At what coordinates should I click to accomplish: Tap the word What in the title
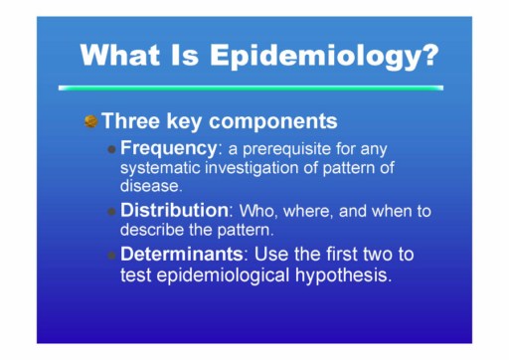[x=120, y=55]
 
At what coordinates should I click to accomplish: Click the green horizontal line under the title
[x=251, y=88]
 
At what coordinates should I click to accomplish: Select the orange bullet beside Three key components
[x=90, y=121]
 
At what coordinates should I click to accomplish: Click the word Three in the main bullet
[x=131, y=120]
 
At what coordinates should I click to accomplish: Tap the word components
[x=273, y=122]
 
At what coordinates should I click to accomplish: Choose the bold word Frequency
[x=168, y=148]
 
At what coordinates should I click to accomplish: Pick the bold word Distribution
[x=174, y=210]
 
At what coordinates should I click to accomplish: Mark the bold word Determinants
[x=182, y=254]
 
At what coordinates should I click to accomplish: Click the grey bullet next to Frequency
[x=112, y=149]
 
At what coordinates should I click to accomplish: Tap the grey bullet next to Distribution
[x=112, y=212]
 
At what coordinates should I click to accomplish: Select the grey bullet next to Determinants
[x=112, y=256]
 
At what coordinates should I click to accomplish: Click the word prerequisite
[x=286, y=149]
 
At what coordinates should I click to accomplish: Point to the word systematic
[x=161, y=168]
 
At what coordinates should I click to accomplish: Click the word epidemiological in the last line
[x=224, y=275]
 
